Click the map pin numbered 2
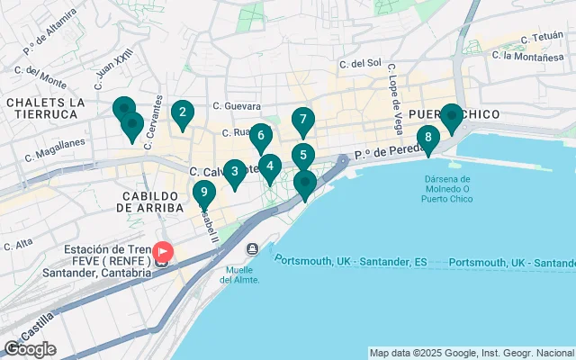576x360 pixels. coord(183,113)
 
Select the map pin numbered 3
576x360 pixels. coord(235,171)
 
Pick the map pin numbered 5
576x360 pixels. coord(303,156)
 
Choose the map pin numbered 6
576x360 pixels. coord(261,137)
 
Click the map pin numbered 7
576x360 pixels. coord(303,120)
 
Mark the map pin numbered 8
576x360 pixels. coord(428,139)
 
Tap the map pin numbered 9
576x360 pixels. coord(204,193)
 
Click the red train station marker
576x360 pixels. coord(163,253)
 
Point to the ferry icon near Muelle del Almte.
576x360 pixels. coord(253,248)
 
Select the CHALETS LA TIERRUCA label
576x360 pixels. coord(45,108)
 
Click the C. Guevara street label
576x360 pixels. coord(237,105)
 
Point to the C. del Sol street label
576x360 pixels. coord(361,64)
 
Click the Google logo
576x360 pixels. coord(30,349)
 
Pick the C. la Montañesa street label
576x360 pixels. coord(528,57)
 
